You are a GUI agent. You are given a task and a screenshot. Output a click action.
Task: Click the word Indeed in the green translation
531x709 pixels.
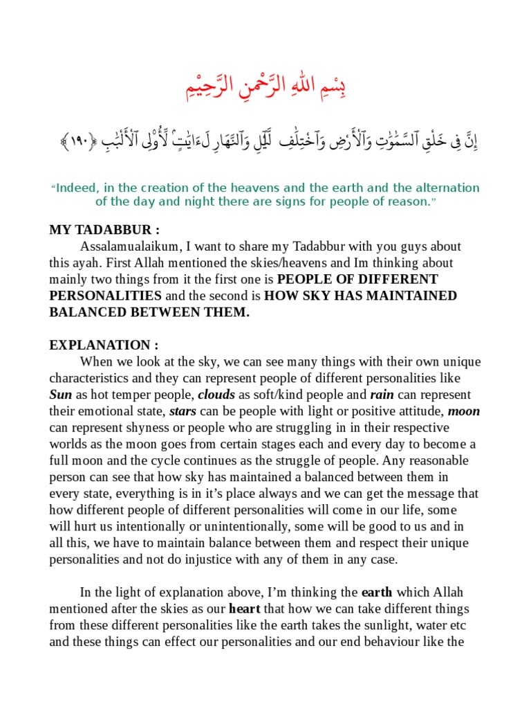click(x=78, y=188)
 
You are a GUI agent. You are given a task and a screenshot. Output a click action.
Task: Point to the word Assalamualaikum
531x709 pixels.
click(x=127, y=246)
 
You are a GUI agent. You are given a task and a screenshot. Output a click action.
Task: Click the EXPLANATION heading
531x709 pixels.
click(x=104, y=345)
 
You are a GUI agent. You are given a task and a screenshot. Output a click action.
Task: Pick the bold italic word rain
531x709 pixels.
click(x=382, y=395)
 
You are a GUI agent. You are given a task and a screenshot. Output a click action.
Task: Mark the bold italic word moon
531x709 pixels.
click(x=464, y=411)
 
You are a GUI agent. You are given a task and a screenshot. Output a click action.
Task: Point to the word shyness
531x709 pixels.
click(x=138, y=428)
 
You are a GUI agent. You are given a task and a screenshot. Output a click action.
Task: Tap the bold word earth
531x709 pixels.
click(x=377, y=593)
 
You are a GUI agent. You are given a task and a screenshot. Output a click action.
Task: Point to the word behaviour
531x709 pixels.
click(x=401, y=642)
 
